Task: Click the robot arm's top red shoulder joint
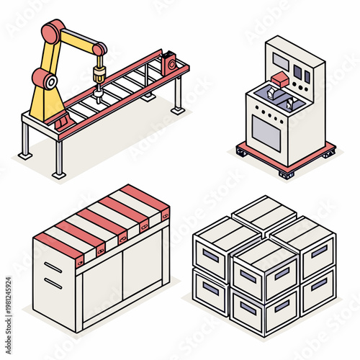pyautogui.click(x=53, y=32)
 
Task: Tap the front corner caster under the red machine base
pyautogui.click(x=286, y=174)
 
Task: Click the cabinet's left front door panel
pyautogui.click(x=101, y=294)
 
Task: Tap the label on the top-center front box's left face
pyautogui.click(x=248, y=275)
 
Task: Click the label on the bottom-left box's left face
pyautogui.click(x=211, y=288)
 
